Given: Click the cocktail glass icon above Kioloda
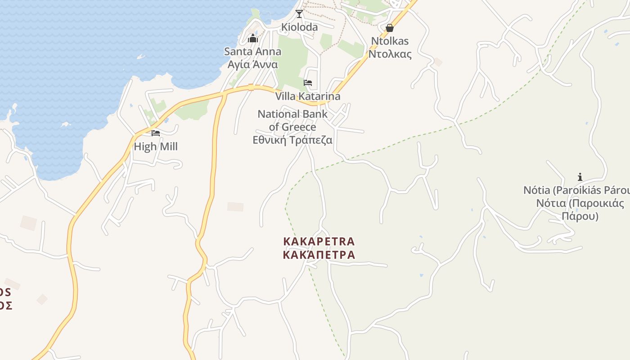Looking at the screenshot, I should tap(299, 14).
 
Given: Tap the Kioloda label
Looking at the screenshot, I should tap(299, 27).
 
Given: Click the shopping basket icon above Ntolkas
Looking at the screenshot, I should tap(390, 28).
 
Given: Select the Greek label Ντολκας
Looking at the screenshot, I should tap(390, 54).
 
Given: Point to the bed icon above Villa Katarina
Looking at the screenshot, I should tap(308, 83).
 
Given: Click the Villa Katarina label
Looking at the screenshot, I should tap(308, 96).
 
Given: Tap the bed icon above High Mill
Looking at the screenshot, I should tap(156, 133).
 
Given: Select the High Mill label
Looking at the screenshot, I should tap(156, 147).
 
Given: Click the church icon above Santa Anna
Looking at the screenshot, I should tap(253, 38).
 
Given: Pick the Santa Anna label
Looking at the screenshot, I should tap(253, 51).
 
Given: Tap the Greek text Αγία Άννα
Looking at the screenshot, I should tap(253, 64).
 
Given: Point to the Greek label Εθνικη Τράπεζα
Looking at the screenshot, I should tap(292, 140).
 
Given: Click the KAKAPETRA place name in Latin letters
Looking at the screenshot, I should tap(319, 242).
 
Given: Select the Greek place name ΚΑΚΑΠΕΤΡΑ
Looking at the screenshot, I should tap(319, 255).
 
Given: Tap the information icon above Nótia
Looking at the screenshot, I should tap(580, 177).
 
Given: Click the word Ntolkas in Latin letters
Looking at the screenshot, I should tap(390, 41).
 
